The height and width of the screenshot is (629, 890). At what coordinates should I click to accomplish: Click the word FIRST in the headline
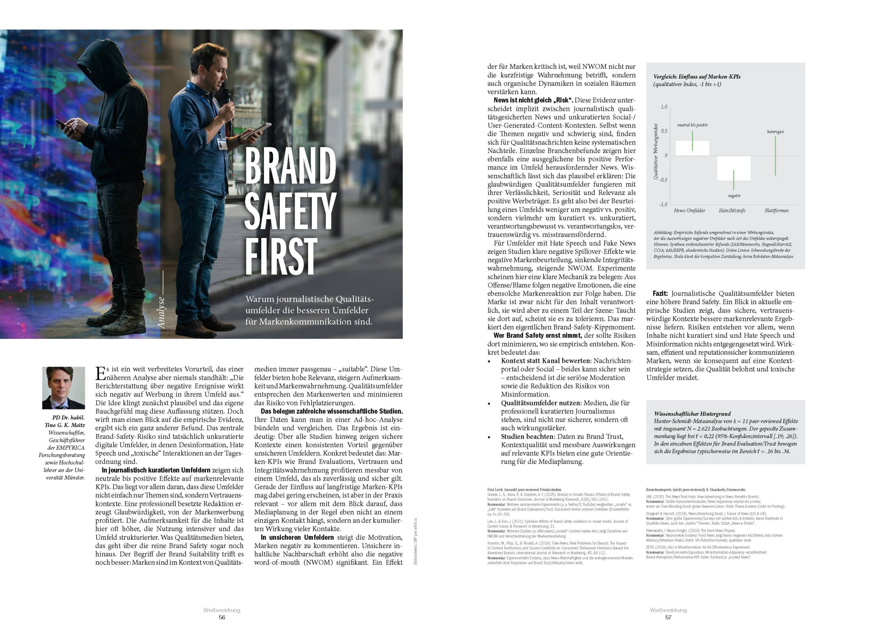click(281, 256)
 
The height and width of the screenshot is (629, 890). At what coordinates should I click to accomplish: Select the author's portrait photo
click(64, 387)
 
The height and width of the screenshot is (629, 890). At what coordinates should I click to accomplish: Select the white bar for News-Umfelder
click(692, 148)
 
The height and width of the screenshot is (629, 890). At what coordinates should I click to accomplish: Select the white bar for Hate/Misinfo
click(734, 168)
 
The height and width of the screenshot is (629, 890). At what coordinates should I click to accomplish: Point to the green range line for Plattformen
click(775, 155)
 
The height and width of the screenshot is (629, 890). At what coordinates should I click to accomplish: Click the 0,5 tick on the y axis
click(664, 131)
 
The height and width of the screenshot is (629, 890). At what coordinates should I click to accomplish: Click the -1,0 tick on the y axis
click(663, 204)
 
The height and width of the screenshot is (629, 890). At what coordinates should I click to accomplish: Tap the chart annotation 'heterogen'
click(775, 132)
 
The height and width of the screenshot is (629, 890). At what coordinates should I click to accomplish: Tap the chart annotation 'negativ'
click(734, 196)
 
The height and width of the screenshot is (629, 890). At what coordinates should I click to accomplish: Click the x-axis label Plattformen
click(776, 211)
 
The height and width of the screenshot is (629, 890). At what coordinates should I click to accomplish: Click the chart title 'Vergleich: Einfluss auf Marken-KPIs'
click(697, 77)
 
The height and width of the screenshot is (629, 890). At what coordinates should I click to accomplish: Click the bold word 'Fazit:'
click(660, 293)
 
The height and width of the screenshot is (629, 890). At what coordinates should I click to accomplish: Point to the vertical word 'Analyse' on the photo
click(162, 312)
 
